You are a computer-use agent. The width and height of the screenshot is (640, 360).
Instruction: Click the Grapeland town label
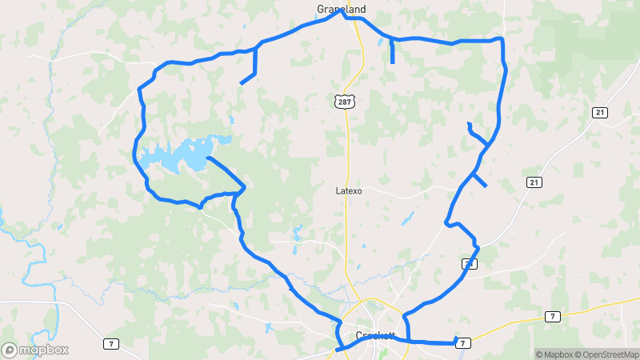click(x=342, y=9)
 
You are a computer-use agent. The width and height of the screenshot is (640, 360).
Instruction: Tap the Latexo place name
click(x=349, y=191)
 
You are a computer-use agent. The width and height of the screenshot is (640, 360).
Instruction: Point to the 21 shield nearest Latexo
click(x=534, y=182)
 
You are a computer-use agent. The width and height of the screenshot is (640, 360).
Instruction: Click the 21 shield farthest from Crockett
click(x=599, y=113)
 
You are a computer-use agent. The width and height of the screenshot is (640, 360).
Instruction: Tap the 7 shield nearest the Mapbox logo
click(x=110, y=344)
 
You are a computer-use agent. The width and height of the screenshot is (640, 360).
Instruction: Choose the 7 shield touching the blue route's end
click(x=462, y=342)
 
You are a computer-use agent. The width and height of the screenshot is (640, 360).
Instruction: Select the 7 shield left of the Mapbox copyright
click(x=551, y=317)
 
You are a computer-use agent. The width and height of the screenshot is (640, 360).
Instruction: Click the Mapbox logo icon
click(x=10, y=350)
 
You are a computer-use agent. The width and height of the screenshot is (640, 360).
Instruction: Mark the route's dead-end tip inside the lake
click(x=207, y=158)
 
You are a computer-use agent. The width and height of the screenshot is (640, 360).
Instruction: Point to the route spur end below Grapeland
click(x=393, y=62)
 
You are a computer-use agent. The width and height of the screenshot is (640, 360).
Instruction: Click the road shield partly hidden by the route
click(x=469, y=262)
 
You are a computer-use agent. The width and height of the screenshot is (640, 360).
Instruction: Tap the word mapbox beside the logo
click(x=43, y=350)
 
